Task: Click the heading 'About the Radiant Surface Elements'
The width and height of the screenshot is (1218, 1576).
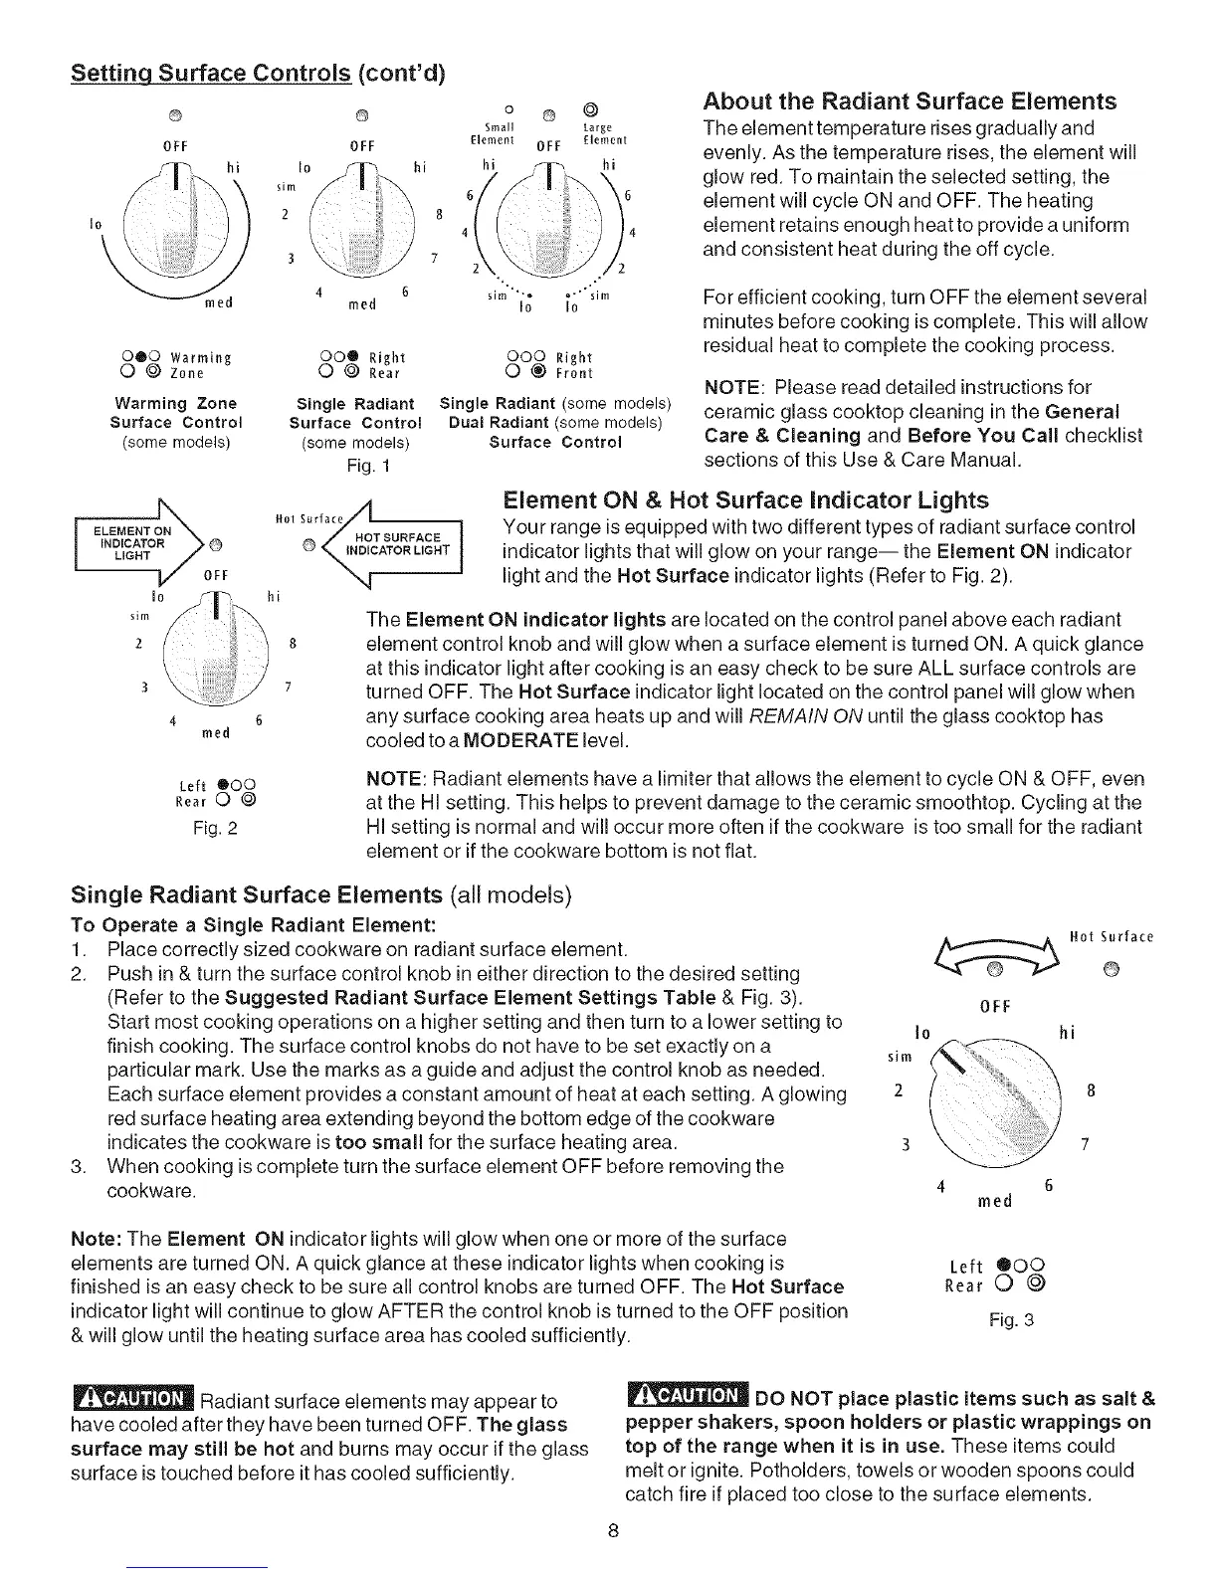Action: point(910,101)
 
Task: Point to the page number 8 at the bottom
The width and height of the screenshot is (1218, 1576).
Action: point(615,1531)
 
